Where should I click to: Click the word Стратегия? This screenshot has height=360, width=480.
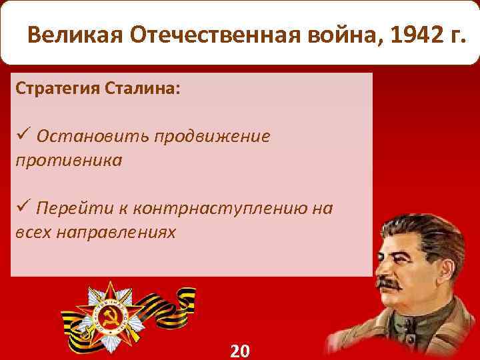(56, 89)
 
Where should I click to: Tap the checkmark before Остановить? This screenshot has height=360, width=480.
(21, 136)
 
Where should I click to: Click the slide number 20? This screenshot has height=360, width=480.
(240, 351)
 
